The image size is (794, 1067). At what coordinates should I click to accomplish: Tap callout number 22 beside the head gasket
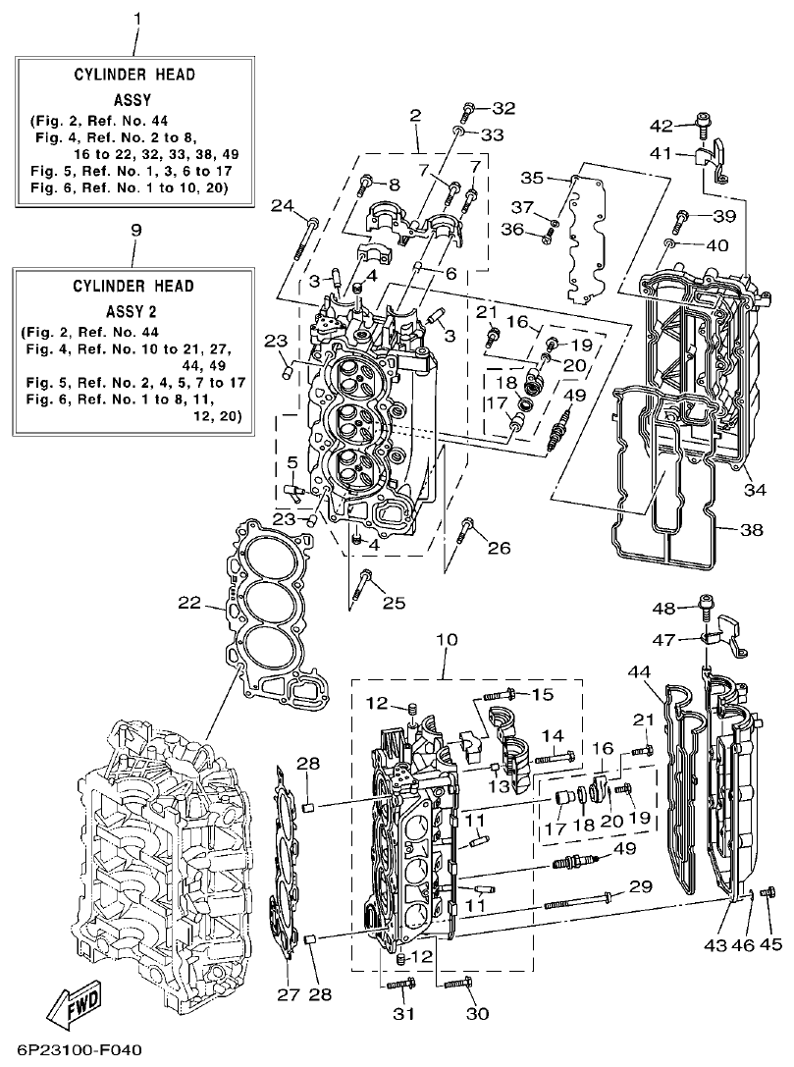[189, 602]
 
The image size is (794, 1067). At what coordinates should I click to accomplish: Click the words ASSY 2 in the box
[134, 311]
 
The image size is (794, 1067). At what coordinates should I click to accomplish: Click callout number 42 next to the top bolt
[662, 125]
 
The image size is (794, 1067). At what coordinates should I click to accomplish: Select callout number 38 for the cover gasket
[751, 529]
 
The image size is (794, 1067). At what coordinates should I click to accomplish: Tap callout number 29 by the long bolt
[640, 887]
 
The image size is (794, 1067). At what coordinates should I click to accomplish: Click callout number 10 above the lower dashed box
[447, 640]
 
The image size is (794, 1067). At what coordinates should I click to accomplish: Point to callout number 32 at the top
[503, 107]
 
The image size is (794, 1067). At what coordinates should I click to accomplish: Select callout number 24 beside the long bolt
[283, 205]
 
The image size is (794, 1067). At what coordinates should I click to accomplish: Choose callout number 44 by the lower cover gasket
[639, 671]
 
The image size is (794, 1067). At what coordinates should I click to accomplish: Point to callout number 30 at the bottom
[477, 1013]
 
